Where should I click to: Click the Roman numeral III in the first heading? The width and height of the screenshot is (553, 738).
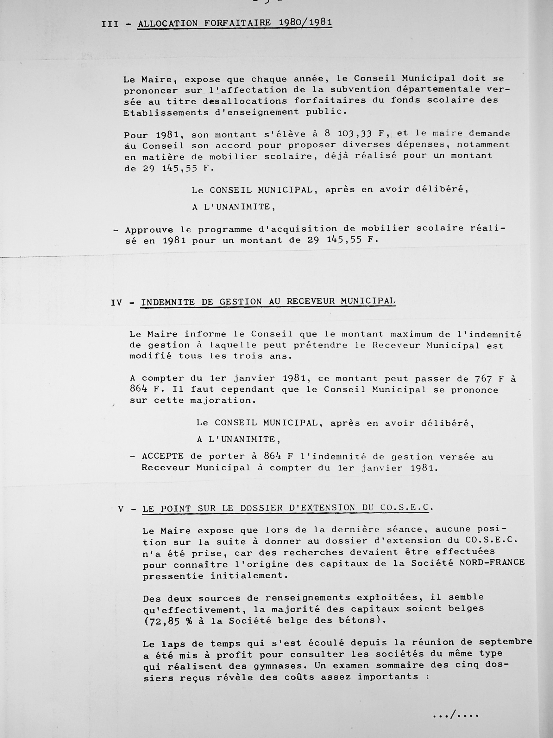click(110, 24)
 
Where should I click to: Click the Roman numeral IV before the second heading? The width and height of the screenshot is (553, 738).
click(116, 303)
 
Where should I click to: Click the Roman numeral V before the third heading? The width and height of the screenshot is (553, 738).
click(121, 510)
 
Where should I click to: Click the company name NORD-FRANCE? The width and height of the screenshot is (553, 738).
click(492, 562)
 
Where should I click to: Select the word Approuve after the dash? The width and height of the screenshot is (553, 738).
click(149, 230)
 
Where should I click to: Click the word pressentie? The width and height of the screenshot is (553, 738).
click(173, 576)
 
